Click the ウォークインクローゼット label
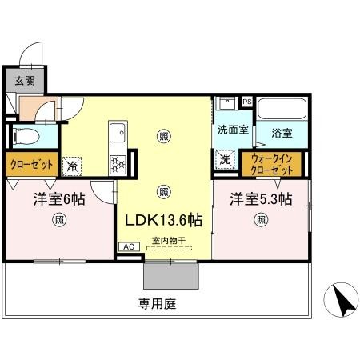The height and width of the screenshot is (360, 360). coord(276,164)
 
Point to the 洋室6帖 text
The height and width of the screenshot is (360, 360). coord(59,199)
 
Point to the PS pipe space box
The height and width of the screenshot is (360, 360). coord(246,102)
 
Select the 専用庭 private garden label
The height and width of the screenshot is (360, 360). coord(154,304)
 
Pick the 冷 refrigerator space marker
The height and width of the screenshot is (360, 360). coord(72,166)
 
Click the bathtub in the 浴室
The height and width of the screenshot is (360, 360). coord(283,110)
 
